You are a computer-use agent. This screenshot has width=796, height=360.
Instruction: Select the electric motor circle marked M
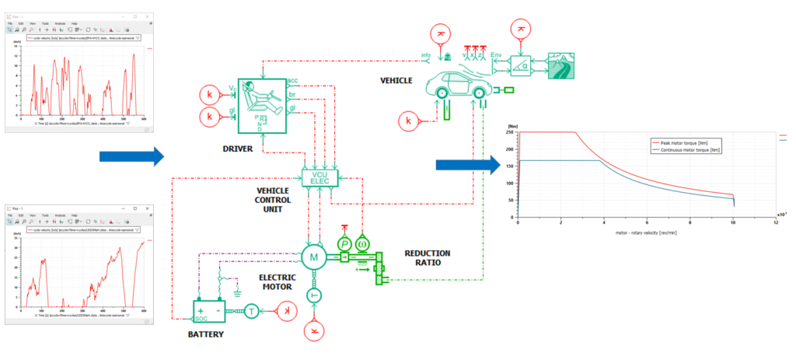point(315,257)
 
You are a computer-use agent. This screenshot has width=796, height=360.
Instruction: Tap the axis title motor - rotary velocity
point(645,232)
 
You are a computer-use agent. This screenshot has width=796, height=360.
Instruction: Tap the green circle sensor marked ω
point(362,243)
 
